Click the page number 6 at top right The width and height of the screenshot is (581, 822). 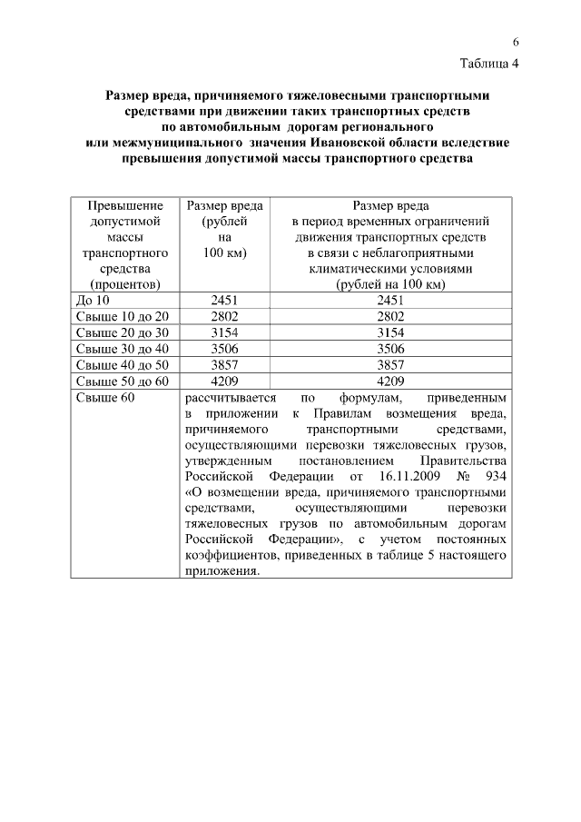click(514, 43)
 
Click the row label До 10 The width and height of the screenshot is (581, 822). click(92, 300)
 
